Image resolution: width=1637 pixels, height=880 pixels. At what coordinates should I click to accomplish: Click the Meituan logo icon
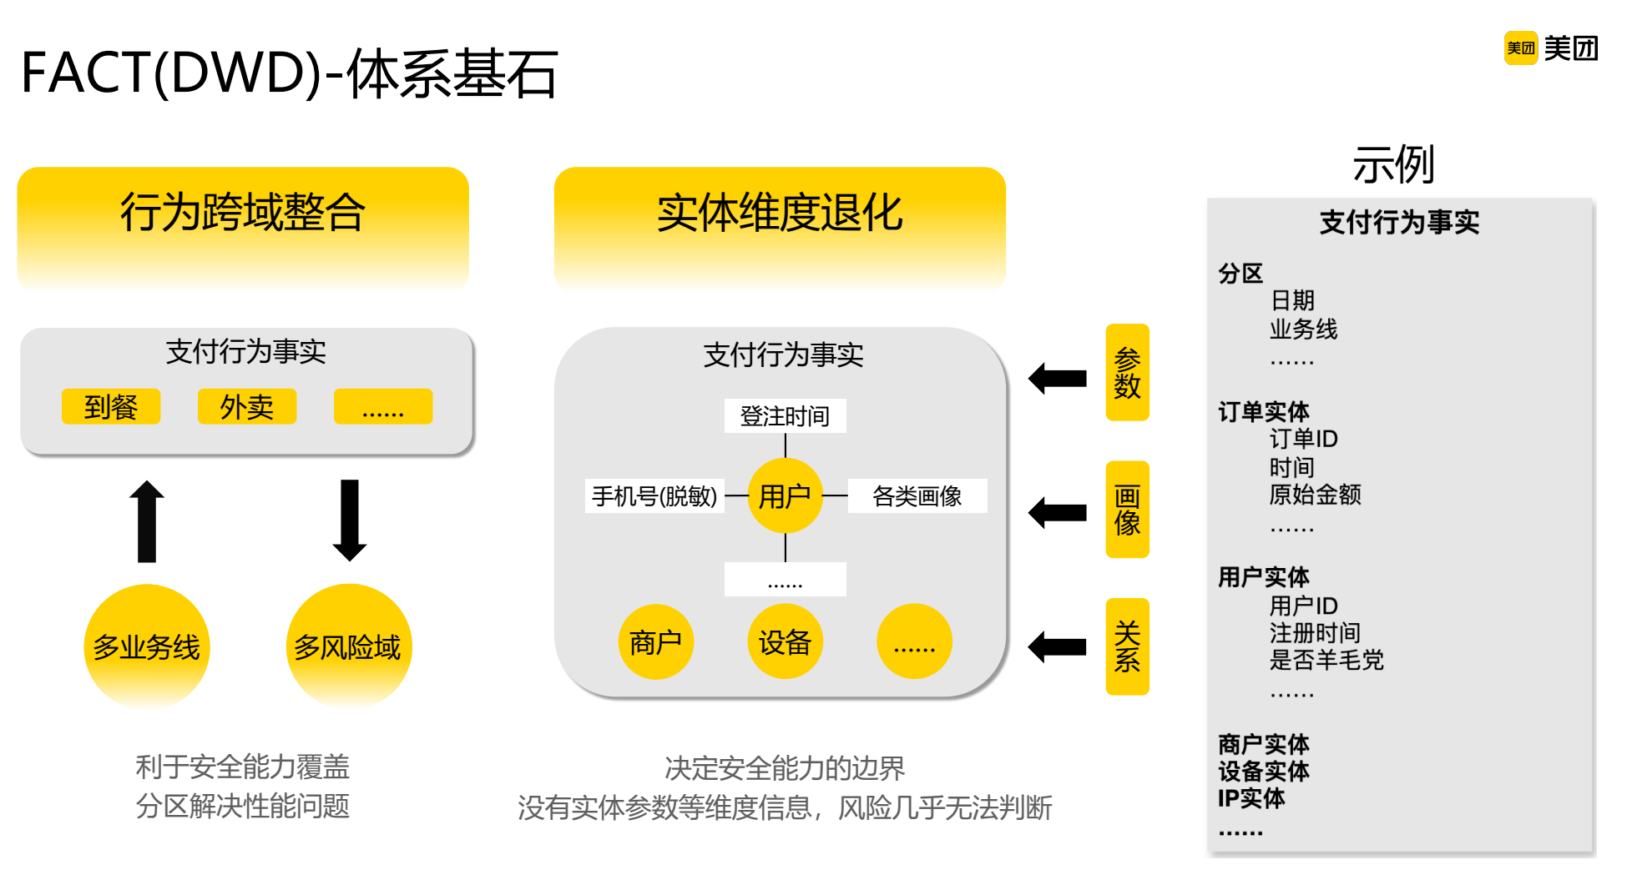(1520, 48)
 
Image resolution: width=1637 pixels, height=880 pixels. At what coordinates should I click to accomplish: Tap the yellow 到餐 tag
(111, 407)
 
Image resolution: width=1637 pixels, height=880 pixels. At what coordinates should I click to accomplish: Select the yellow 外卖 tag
(247, 407)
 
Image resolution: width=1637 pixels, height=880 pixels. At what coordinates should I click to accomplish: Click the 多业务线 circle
(147, 646)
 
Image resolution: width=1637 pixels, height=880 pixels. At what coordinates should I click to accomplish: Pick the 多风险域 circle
(349, 646)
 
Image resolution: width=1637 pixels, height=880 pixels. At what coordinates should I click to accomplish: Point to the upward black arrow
(147, 521)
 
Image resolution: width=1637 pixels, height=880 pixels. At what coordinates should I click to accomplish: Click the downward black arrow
(350, 520)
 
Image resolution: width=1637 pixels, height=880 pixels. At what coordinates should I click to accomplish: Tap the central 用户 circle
(785, 496)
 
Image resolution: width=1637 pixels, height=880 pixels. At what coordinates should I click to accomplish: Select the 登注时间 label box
(785, 415)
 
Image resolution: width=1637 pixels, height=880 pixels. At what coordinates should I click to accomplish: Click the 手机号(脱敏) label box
(654, 496)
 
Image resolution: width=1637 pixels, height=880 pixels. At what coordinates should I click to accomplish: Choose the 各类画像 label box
(917, 496)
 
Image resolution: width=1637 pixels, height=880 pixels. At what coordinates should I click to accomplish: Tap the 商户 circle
(656, 641)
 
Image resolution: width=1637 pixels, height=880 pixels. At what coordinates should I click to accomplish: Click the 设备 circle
(785, 641)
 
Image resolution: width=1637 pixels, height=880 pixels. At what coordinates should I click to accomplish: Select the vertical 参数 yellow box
(1127, 372)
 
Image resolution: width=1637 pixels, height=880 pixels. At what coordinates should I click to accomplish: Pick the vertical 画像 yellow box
(1127, 510)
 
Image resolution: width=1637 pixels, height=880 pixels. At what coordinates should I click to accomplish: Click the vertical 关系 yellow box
(1127, 646)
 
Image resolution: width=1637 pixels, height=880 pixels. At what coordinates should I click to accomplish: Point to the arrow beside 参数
(1058, 379)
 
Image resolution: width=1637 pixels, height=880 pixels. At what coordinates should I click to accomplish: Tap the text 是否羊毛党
(1326, 660)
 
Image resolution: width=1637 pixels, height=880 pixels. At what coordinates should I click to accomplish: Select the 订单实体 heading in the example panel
(1263, 411)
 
